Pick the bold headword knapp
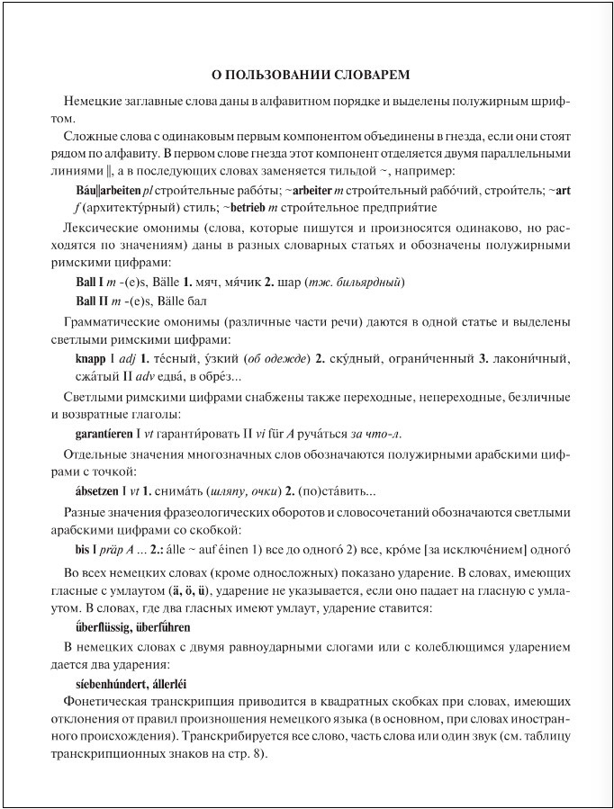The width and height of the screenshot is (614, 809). (91, 358)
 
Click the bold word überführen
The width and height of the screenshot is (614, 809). (164, 626)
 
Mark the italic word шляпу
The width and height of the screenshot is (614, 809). (226, 492)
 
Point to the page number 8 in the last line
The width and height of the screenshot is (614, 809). (257, 753)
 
